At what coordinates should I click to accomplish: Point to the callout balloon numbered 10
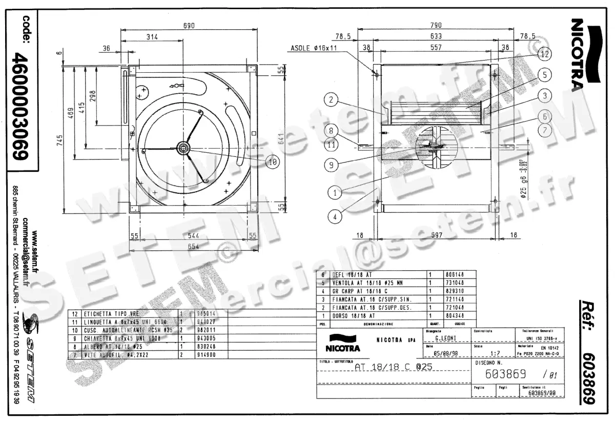pyautogui.click(x=272, y=162)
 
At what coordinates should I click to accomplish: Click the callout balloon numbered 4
pyautogui.click(x=335, y=216)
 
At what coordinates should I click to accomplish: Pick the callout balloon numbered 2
pyautogui.click(x=332, y=101)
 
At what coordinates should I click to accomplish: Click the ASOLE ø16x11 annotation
pyautogui.click(x=314, y=48)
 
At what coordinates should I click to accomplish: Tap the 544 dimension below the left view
pyautogui.click(x=193, y=236)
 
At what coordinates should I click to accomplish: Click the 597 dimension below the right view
pyautogui.click(x=437, y=236)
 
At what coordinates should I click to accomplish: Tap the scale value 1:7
pyautogui.click(x=495, y=353)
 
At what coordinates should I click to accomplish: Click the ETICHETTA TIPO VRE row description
pyautogui.click(x=112, y=313)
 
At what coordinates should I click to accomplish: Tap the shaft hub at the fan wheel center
pyautogui.click(x=183, y=148)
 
